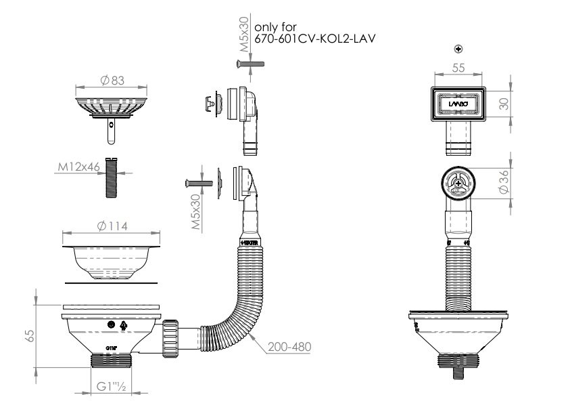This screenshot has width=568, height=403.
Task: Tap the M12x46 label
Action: [x=79, y=165]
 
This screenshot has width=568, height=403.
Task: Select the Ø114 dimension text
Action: [x=112, y=226]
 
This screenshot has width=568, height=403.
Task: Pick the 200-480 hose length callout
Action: [x=289, y=346]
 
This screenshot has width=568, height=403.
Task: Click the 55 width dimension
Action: [x=459, y=68]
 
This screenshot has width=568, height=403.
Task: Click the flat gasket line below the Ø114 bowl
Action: [x=112, y=281]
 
